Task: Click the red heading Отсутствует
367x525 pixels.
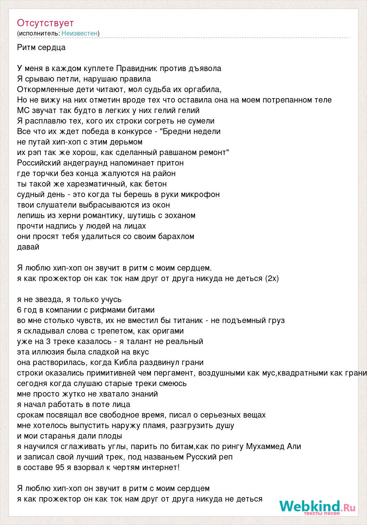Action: (45, 23)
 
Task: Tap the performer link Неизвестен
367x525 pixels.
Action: (80, 33)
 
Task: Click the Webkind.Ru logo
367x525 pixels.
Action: (317, 506)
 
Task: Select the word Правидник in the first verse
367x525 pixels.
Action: (134, 68)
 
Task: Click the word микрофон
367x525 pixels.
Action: (200, 194)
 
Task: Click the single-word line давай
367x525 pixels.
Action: (28, 247)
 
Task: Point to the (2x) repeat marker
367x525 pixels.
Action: (272, 278)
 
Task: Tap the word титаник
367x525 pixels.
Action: (187, 320)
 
